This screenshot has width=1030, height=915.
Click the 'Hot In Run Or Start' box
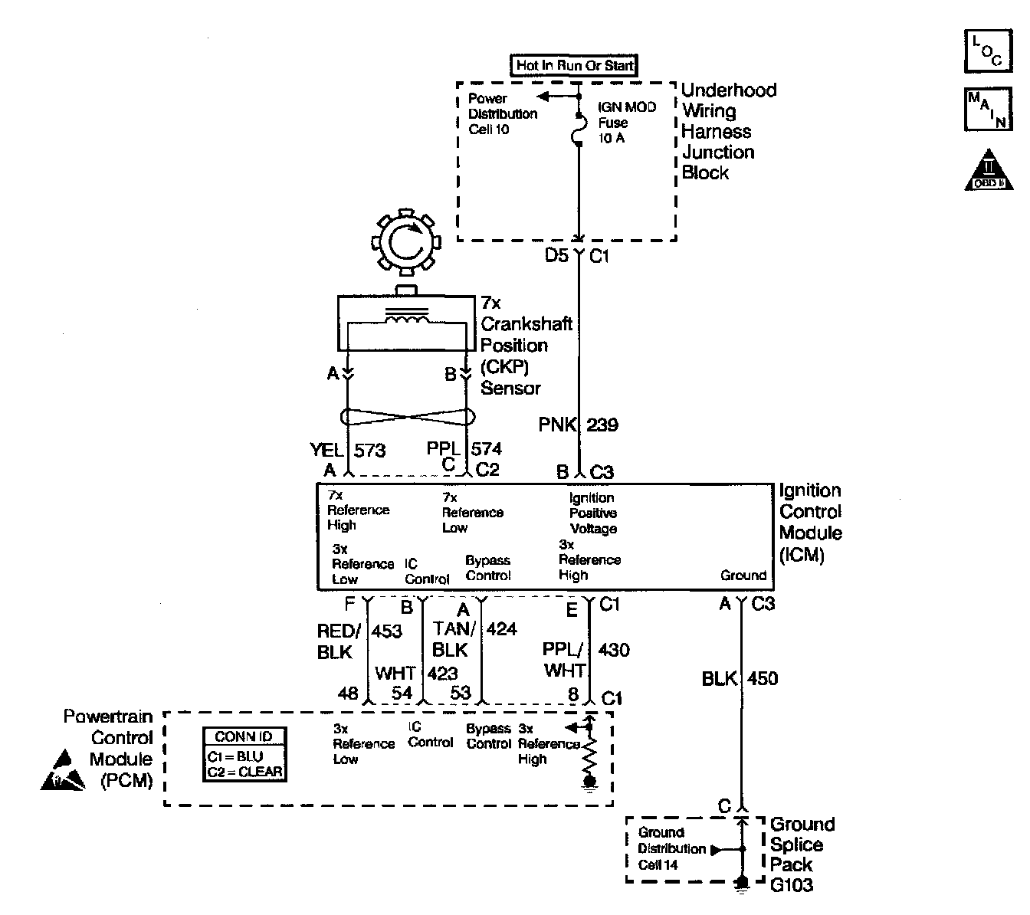[x=574, y=66]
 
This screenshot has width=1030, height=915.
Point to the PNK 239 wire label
[x=578, y=425]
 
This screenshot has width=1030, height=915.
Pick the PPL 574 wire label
[x=464, y=449]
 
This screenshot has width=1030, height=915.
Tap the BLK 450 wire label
[x=740, y=678]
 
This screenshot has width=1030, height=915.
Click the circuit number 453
[x=387, y=631]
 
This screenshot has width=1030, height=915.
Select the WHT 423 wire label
[x=415, y=673]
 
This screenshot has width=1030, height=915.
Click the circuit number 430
[x=613, y=651]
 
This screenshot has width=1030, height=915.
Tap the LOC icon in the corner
[x=988, y=51]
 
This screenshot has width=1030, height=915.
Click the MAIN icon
[x=988, y=109]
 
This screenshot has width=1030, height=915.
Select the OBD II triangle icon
[x=989, y=171]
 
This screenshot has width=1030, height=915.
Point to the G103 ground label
[x=792, y=885]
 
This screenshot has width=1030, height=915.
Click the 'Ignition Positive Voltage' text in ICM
[x=592, y=513]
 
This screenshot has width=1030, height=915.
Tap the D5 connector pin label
[x=557, y=255]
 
